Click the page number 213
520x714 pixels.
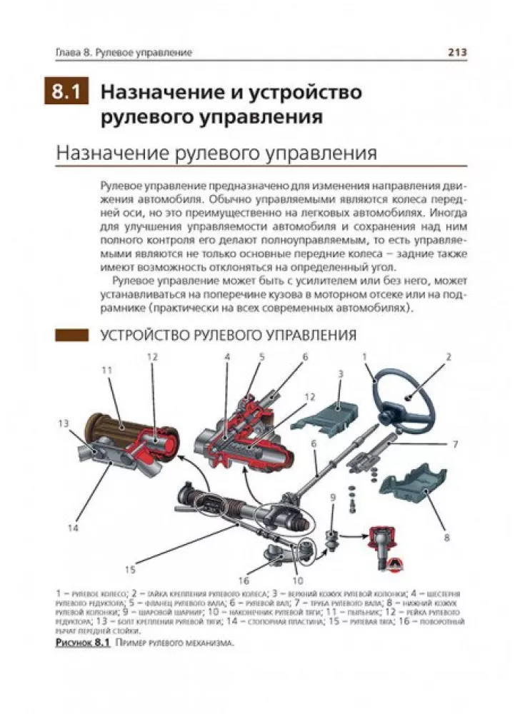click(x=456, y=52)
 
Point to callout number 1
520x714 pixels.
click(x=365, y=356)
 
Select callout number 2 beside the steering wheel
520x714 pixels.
click(x=449, y=356)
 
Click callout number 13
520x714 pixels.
click(x=64, y=424)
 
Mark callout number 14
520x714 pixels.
click(x=73, y=528)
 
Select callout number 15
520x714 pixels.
click(x=130, y=570)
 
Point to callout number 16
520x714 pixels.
click(x=244, y=579)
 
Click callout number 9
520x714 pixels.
click(x=333, y=498)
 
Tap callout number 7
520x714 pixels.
click(x=454, y=444)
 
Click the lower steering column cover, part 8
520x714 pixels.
click(x=415, y=491)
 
